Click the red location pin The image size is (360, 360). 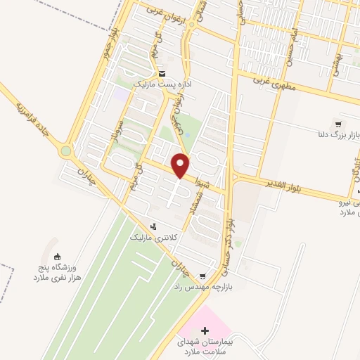[181, 165]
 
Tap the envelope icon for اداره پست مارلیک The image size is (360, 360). [162, 74]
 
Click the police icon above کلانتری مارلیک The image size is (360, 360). [154, 226]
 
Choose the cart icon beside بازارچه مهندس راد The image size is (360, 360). [203, 276]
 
